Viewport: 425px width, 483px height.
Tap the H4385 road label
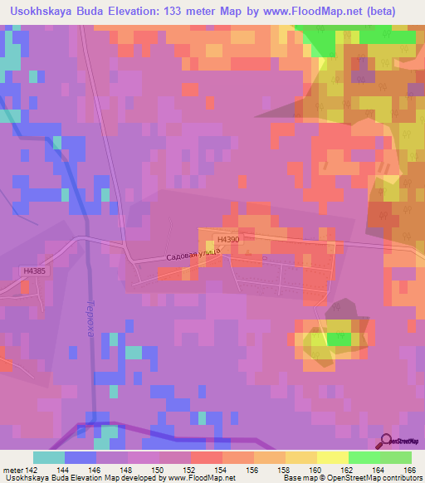tap(33, 271)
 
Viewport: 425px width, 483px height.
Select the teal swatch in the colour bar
tap(48, 457)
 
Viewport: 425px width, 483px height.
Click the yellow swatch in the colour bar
tap(331, 457)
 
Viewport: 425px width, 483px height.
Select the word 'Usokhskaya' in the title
tap(39, 11)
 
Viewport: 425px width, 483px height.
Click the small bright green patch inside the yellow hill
tap(339, 339)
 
